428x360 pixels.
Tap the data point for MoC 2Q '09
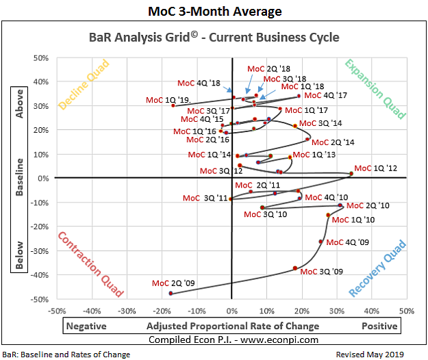pyautogui.click(x=171, y=294)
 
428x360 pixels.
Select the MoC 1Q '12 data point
pyautogui.click(x=351, y=173)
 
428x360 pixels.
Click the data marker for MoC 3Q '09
pyautogui.click(x=295, y=268)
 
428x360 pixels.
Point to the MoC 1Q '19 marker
pyautogui.click(x=173, y=105)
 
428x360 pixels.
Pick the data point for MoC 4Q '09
pyautogui.click(x=320, y=242)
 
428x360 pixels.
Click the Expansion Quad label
pyautogui.click(x=375, y=89)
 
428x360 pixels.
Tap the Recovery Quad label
pyautogui.click(x=377, y=269)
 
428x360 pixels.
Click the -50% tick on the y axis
pyautogui.click(x=42, y=299)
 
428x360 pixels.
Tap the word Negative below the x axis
pyautogui.click(x=90, y=326)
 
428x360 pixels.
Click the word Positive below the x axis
pyautogui.click(x=380, y=326)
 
